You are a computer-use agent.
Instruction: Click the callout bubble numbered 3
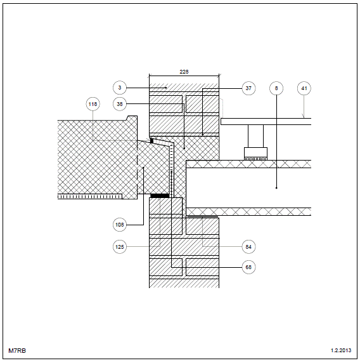120,88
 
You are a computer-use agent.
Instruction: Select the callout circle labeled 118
93,104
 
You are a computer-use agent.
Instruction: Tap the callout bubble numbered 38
120,104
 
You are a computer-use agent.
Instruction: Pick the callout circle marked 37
248,88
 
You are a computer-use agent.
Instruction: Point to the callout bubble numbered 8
276,88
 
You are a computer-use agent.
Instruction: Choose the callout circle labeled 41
304,88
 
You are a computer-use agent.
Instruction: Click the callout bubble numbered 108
120,225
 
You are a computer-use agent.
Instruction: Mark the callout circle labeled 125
120,247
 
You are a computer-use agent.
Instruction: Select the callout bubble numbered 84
248,247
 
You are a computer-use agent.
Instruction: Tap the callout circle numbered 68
248,267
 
